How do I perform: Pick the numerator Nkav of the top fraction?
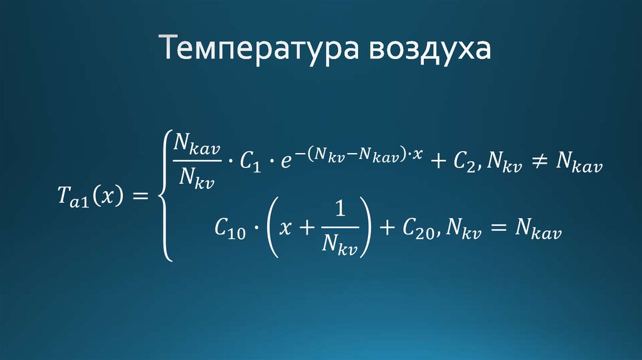[x=197, y=146]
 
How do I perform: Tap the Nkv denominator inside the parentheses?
[x=339, y=246]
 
